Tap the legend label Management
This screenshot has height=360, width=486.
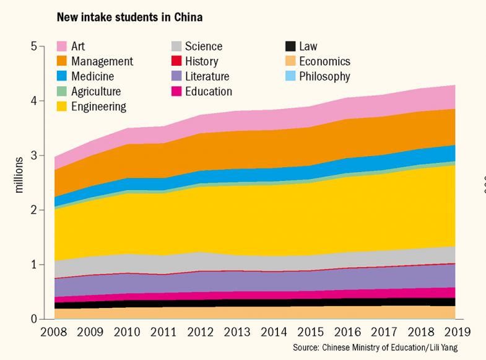(x=102, y=61)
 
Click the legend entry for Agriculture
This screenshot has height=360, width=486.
(x=96, y=92)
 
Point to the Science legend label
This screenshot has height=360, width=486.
(x=203, y=46)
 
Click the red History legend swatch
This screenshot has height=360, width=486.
(x=176, y=61)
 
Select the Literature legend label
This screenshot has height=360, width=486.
(x=207, y=77)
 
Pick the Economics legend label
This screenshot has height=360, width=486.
(x=324, y=61)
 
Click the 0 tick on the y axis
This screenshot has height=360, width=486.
(x=34, y=319)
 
